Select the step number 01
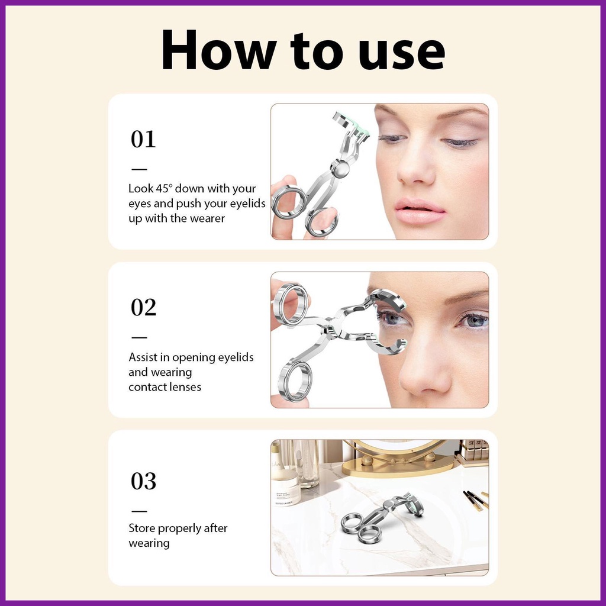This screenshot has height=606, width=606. pos(143,139)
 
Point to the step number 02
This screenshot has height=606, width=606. pos(143,308)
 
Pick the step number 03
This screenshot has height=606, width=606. pos(143,481)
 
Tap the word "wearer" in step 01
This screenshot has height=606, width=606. pos(208,219)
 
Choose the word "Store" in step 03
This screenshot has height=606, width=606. pos(141,528)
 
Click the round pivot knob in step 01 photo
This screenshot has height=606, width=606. pos(340,168)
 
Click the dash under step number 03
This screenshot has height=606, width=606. pos(139,511)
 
